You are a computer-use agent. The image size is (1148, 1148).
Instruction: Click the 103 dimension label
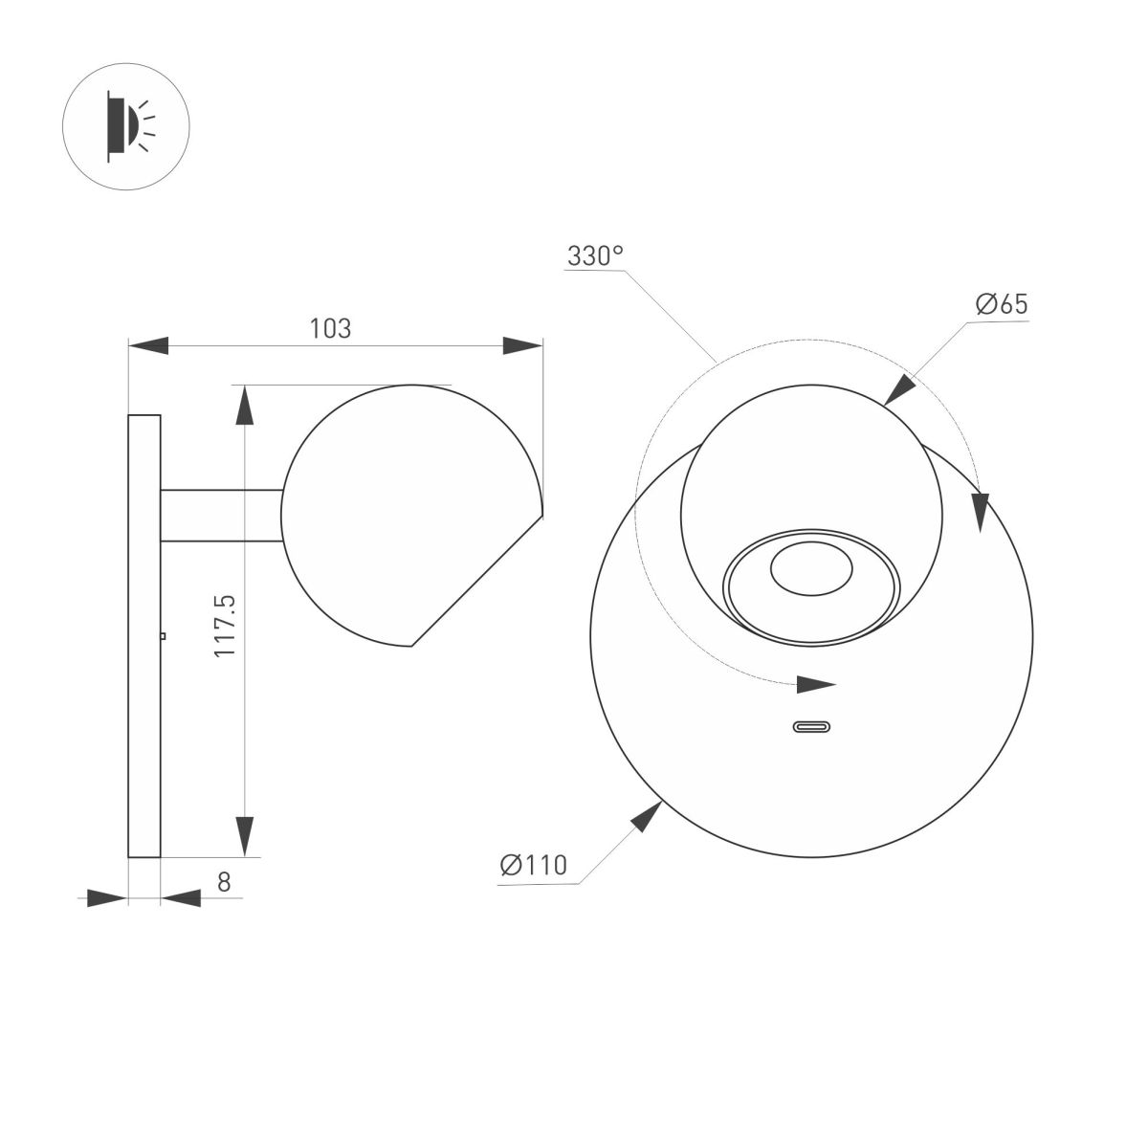click(330, 328)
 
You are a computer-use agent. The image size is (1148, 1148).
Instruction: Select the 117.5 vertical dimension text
click(225, 626)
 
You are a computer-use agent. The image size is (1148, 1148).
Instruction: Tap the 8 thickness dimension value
click(224, 882)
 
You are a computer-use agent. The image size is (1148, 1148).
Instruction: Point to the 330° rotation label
click(595, 255)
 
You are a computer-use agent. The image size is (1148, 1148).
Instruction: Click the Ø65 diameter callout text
click(1002, 304)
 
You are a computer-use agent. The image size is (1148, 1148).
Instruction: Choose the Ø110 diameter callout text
click(534, 865)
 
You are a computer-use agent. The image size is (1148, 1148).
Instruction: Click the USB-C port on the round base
click(811, 727)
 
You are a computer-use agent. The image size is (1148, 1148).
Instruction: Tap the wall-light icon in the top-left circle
click(130, 126)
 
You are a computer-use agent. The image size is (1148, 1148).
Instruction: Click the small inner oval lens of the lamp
click(811, 568)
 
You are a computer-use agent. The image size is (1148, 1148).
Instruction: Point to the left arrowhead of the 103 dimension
click(148, 345)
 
